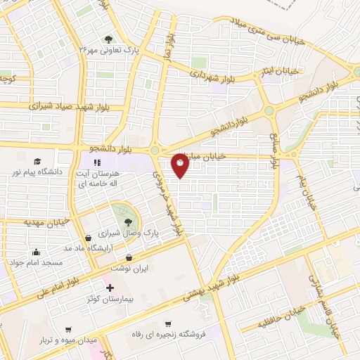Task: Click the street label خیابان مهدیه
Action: click(x=44, y=221)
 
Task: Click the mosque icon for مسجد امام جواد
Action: click(x=35, y=252)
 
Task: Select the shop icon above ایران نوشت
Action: click(x=127, y=259)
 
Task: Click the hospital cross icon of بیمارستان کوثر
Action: click(x=109, y=288)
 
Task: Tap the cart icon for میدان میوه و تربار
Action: click(x=68, y=329)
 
